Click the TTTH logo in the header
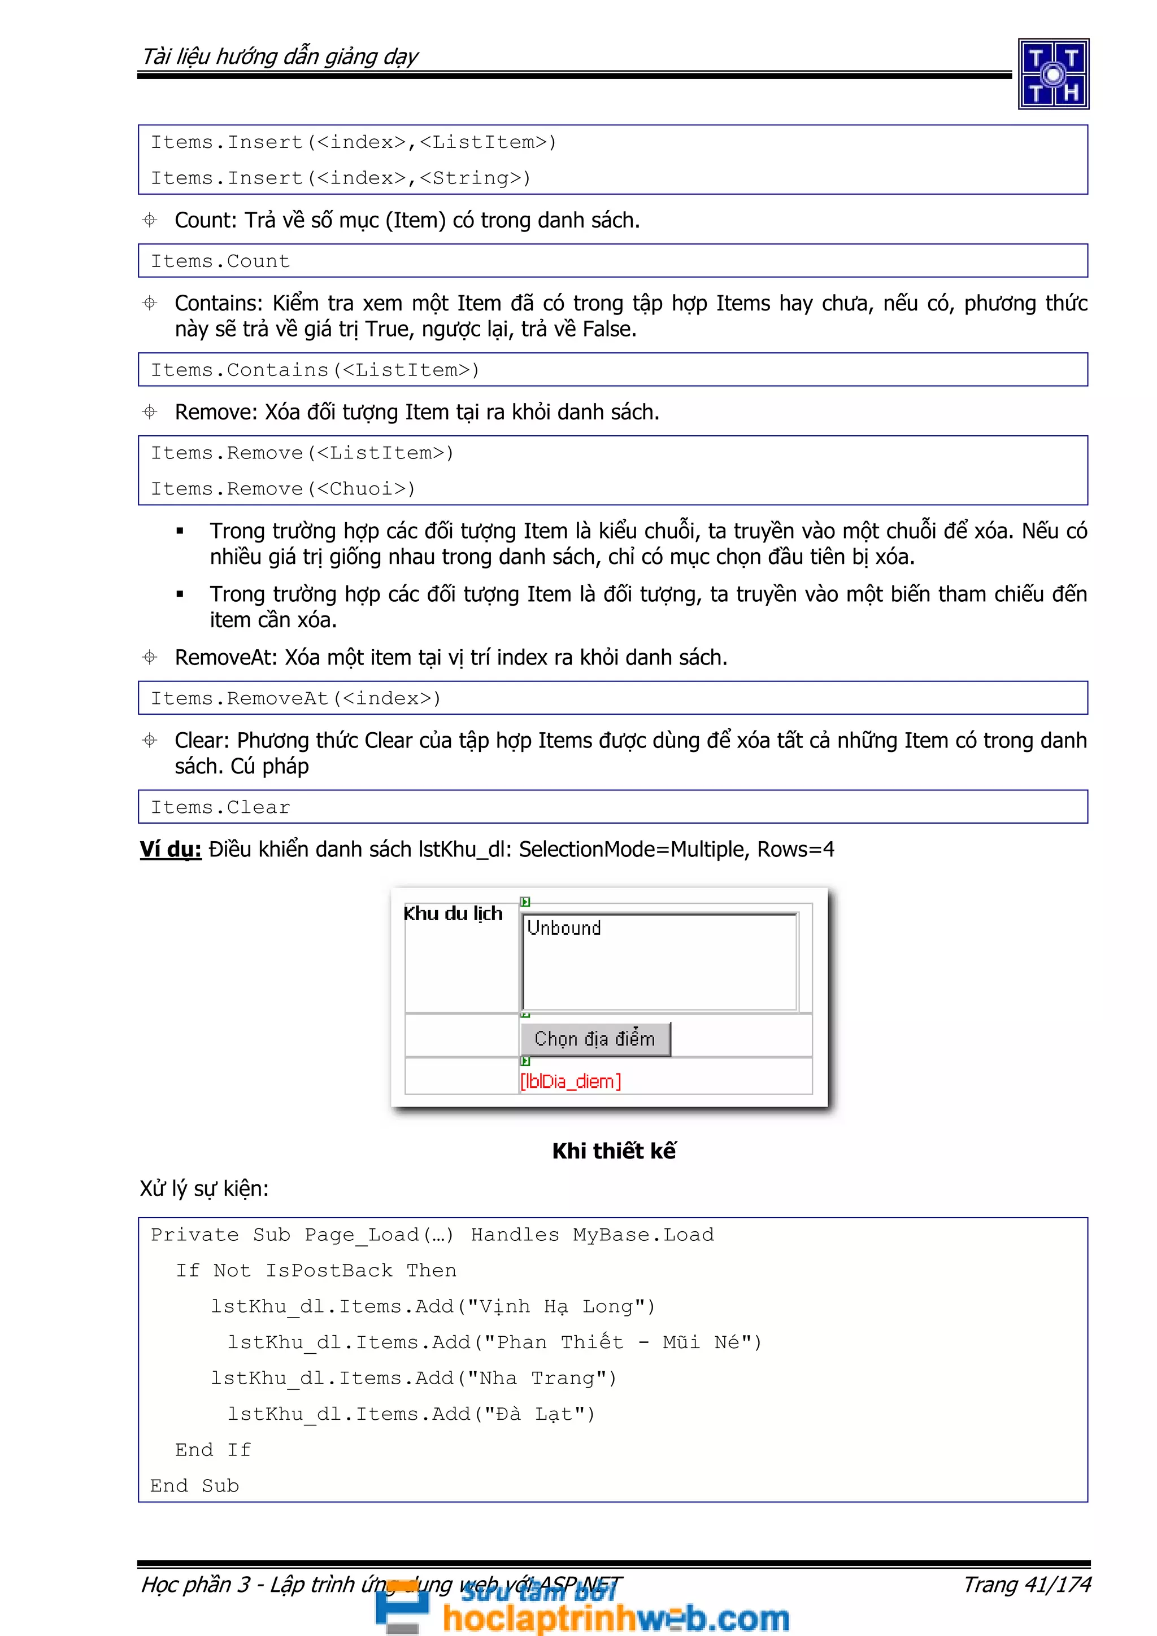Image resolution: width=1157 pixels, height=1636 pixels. click(1052, 73)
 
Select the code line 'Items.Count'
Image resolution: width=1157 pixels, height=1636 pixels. click(220, 261)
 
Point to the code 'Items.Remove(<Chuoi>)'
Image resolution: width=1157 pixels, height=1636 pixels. click(282, 489)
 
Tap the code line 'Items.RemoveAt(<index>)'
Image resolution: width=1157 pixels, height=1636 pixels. click(296, 698)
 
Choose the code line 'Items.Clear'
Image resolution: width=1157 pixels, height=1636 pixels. click(220, 807)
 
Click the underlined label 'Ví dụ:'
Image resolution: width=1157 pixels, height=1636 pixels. click(171, 850)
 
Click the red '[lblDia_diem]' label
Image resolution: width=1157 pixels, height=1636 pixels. click(570, 1082)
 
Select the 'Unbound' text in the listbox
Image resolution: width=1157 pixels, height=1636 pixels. click(564, 928)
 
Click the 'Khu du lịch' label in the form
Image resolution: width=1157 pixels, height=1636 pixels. click(453, 913)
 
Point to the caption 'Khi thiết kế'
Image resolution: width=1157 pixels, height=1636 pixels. click(614, 1151)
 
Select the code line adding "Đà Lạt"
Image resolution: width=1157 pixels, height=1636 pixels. click(411, 1414)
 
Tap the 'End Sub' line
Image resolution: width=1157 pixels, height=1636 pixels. click(194, 1486)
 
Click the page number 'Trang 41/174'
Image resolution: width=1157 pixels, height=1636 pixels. click(1026, 1584)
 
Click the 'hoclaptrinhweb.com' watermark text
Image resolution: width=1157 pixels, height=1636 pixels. click(615, 1617)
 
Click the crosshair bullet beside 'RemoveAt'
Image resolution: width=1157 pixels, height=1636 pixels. click(150, 657)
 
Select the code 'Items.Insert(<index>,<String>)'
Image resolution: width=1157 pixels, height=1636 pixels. click(341, 178)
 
